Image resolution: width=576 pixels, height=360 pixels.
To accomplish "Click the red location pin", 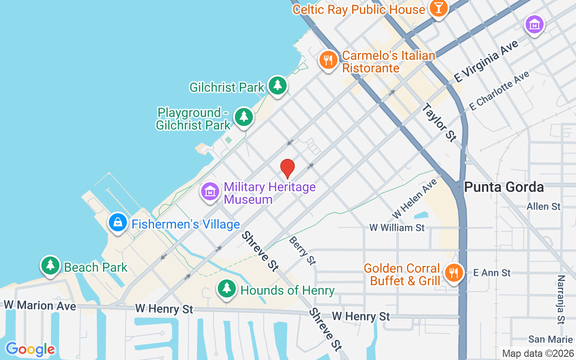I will [x=288, y=169].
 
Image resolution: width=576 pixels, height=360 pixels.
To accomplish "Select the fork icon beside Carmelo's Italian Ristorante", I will [x=328, y=60].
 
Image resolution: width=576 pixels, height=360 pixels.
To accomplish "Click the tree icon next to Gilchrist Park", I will [x=278, y=85].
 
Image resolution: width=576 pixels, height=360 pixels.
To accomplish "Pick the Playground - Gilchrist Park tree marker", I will [x=244, y=117].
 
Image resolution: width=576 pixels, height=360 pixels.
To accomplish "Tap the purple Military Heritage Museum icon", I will [x=210, y=192].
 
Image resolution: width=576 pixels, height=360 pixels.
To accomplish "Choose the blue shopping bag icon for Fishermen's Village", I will [x=118, y=222].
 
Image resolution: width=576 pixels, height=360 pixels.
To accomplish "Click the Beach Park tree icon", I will [x=50, y=265].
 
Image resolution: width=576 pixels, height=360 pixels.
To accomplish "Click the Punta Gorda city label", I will [x=504, y=187].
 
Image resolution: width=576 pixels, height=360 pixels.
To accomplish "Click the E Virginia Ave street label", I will [x=486, y=61].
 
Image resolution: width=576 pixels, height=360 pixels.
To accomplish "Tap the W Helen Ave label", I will [x=414, y=198].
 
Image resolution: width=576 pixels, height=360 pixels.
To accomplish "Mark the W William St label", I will [x=397, y=228].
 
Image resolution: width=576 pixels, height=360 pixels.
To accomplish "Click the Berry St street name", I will [x=302, y=250].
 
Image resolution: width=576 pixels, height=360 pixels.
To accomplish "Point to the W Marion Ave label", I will [x=40, y=306].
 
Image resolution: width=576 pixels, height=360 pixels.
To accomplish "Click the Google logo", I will [x=30, y=349].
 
